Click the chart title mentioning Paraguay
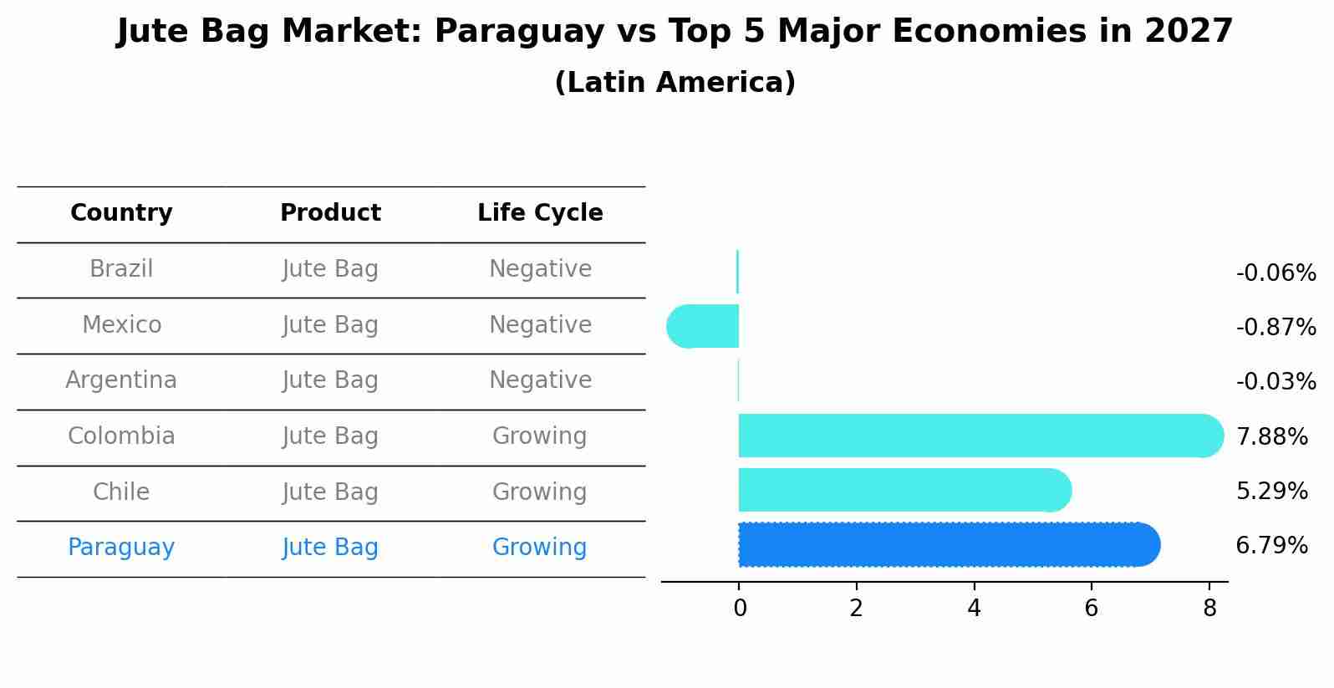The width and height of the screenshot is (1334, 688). tap(675, 32)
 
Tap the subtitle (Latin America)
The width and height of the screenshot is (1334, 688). tap(675, 83)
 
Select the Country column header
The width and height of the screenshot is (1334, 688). tap(121, 213)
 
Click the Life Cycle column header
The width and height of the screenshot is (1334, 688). tap(540, 213)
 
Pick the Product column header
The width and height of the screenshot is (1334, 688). tap(330, 213)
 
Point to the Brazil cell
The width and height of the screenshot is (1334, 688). tap(121, 269)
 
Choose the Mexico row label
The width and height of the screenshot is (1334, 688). tap(121, 325)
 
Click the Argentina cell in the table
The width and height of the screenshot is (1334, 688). tap(121, 380)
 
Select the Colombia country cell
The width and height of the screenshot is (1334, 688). tap(121, 436)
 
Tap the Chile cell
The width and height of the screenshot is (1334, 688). tap(121, 492)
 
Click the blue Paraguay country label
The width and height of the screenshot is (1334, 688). tap(121, 548)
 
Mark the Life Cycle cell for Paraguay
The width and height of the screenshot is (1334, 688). tap(540, 548)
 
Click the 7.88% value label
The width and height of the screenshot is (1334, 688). tap(1271, 436)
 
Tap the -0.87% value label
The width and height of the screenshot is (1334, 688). tap(1275, 328)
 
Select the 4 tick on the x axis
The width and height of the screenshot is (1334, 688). tap(974, 609)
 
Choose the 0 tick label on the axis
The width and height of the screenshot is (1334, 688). tap(740, 609)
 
